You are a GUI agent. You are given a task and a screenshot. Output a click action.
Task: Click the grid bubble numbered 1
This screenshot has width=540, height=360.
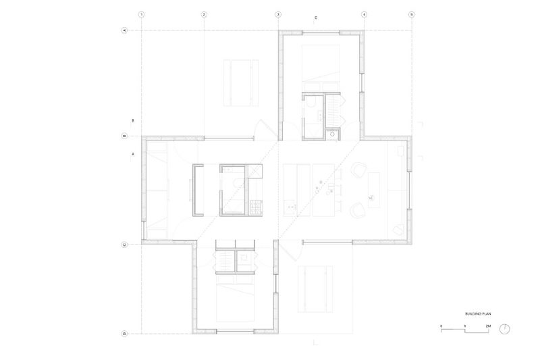140,14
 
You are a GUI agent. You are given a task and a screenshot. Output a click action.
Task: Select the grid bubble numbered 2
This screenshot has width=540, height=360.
203,14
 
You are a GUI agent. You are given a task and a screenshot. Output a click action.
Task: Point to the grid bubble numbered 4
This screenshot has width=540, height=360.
364,14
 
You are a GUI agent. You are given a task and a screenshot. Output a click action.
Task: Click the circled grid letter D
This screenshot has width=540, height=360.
124,333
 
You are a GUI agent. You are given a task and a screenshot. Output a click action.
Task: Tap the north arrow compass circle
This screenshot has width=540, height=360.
506,329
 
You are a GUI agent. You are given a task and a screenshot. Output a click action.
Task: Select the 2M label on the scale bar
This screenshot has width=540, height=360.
487,326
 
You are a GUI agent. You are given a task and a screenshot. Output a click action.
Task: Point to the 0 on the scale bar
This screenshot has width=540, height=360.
441,326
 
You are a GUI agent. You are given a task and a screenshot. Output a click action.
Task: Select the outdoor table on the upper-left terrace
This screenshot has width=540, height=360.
241,82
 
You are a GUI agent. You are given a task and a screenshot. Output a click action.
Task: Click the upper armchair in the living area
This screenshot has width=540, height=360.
358,170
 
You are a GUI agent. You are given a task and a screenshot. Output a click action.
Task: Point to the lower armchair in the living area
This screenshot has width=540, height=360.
358,211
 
